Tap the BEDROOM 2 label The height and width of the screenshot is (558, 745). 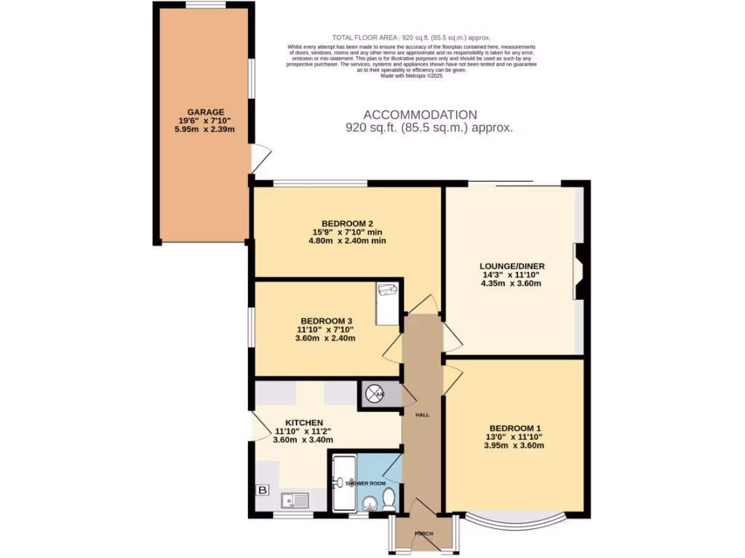coord(347,223)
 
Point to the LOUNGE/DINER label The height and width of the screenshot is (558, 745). coord(512,266)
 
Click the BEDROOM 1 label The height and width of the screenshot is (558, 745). coord(514,428)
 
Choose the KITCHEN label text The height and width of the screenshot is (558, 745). coord(303,422)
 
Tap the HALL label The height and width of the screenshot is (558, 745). coord(422,415)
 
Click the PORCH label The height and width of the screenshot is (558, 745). coord(423,534)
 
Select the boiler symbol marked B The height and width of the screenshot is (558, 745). coord(262,490)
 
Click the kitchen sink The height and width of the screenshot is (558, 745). coord(295,499)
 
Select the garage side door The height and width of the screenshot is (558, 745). coord(260,158)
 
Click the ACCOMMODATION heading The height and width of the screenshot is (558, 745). coord(420,115)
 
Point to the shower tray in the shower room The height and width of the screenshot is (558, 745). coord(342,482)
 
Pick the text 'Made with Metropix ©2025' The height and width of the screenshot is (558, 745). coord(411,75)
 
